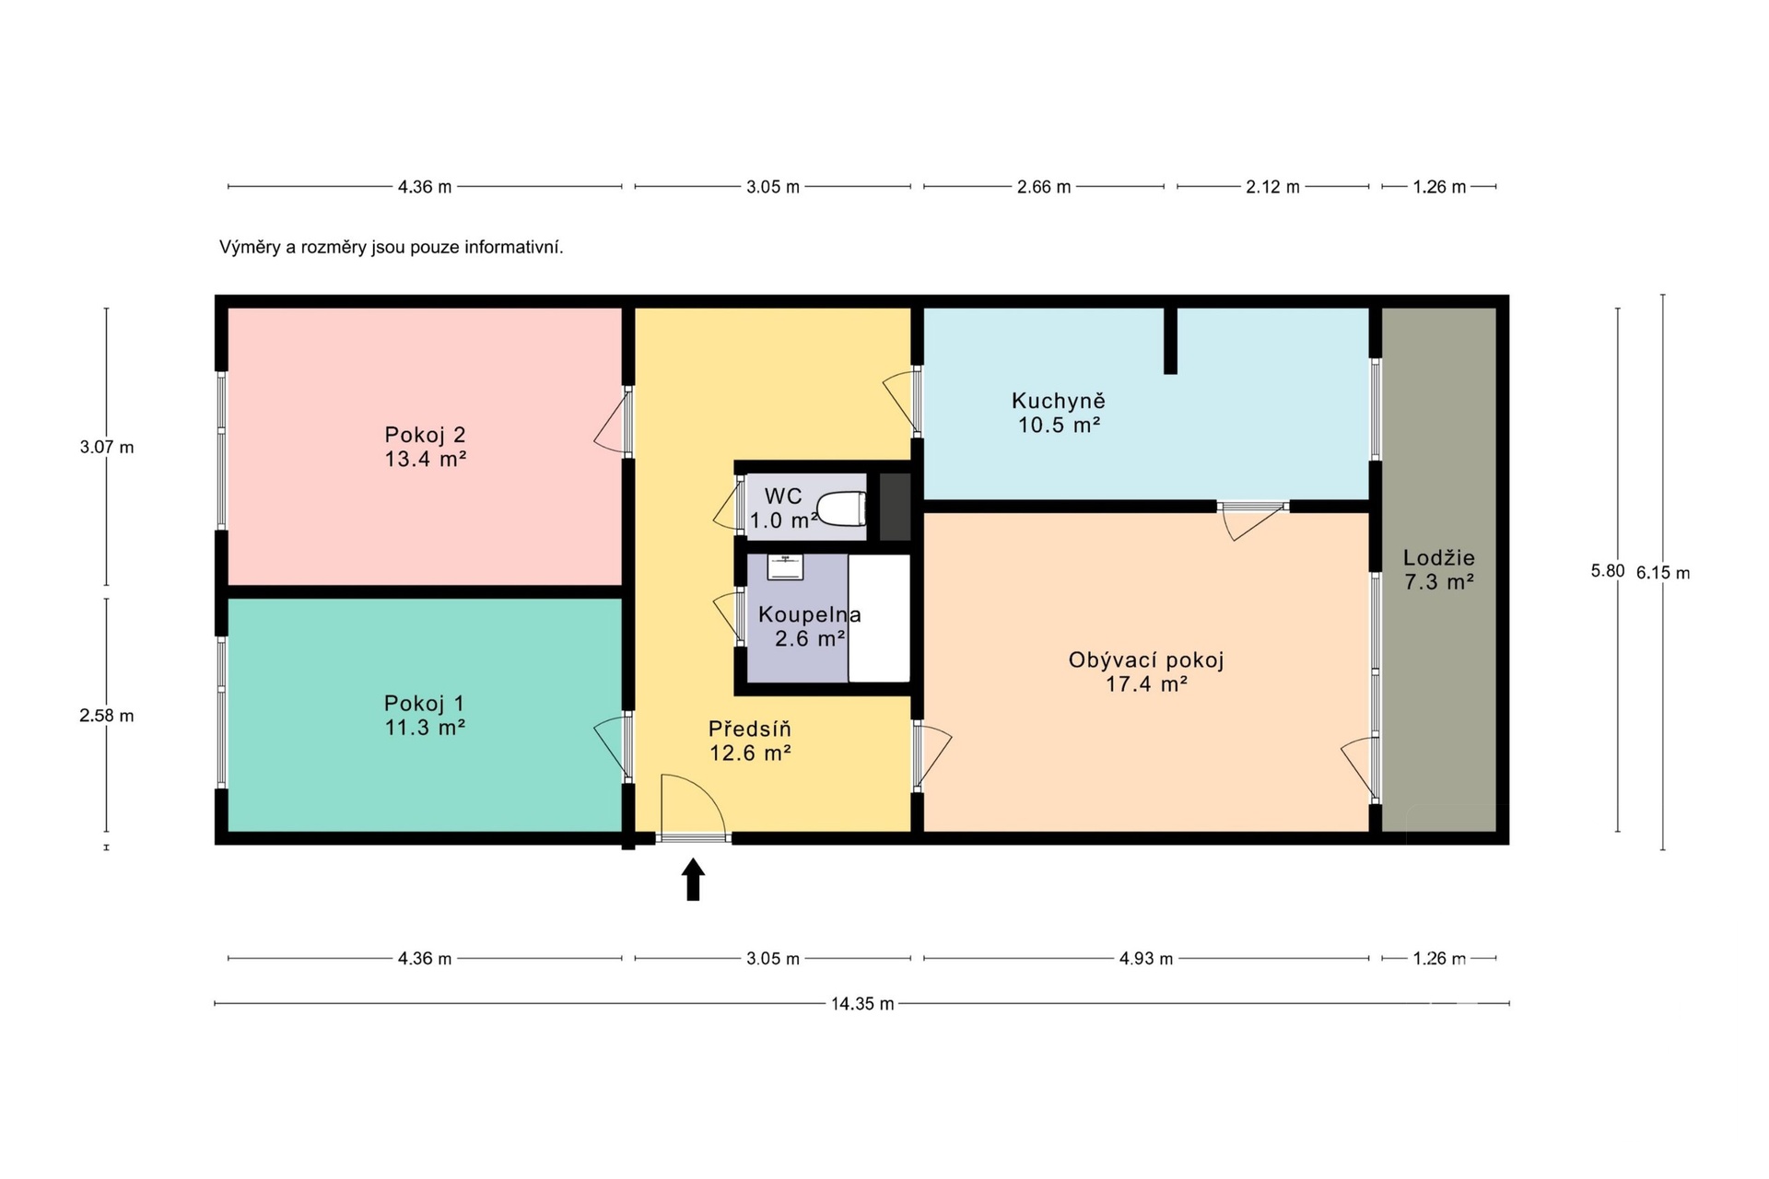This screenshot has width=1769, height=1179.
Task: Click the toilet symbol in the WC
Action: click(842, 508)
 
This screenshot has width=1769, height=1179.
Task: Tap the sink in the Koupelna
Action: click(786, 566)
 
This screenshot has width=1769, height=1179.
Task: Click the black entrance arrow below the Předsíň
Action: click(693, 879)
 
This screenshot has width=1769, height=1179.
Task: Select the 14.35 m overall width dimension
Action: click(862, 1004)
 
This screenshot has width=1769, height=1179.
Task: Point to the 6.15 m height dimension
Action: click(1663, 572)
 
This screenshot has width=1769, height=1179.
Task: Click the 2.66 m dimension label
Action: click(1044, 187)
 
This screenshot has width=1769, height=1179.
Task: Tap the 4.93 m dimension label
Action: click(1146, 959)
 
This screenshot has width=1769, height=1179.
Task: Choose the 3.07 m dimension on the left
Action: click(107, 448)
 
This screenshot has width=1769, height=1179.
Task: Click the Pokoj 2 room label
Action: click(425, 435)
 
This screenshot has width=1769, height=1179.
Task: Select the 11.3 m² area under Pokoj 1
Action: click(425, 728)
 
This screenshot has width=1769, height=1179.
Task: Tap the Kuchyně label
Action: click(1059, 401)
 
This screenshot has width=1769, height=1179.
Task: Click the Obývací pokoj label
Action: click(1146, 660)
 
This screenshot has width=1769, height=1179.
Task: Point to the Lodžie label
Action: click(1439, 557)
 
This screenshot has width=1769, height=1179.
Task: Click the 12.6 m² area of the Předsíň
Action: click(750, 753)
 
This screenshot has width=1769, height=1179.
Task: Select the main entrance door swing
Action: click(693, 807)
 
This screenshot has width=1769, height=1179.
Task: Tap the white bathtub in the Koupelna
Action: click(879, 618)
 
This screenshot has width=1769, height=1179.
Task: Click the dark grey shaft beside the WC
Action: click(895, 507)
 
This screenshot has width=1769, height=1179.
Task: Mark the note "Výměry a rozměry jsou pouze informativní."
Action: click(391, 248)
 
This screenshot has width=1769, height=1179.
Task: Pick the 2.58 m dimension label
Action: click(107, 716)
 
